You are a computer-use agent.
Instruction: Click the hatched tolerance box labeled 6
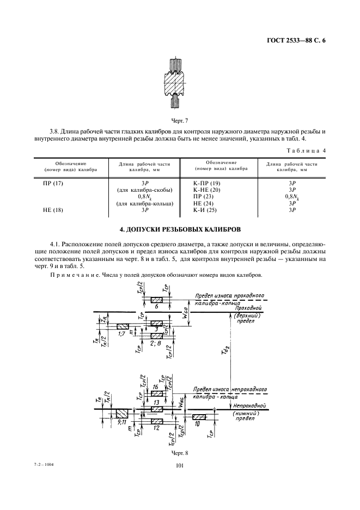tap(157, 300)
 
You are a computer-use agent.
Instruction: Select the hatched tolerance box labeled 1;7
tap(123, 327)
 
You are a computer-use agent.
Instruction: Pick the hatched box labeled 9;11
tap(121, 413)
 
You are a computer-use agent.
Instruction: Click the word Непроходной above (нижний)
tap(249, 406)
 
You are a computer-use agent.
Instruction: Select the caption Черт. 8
tap(180, 453)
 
